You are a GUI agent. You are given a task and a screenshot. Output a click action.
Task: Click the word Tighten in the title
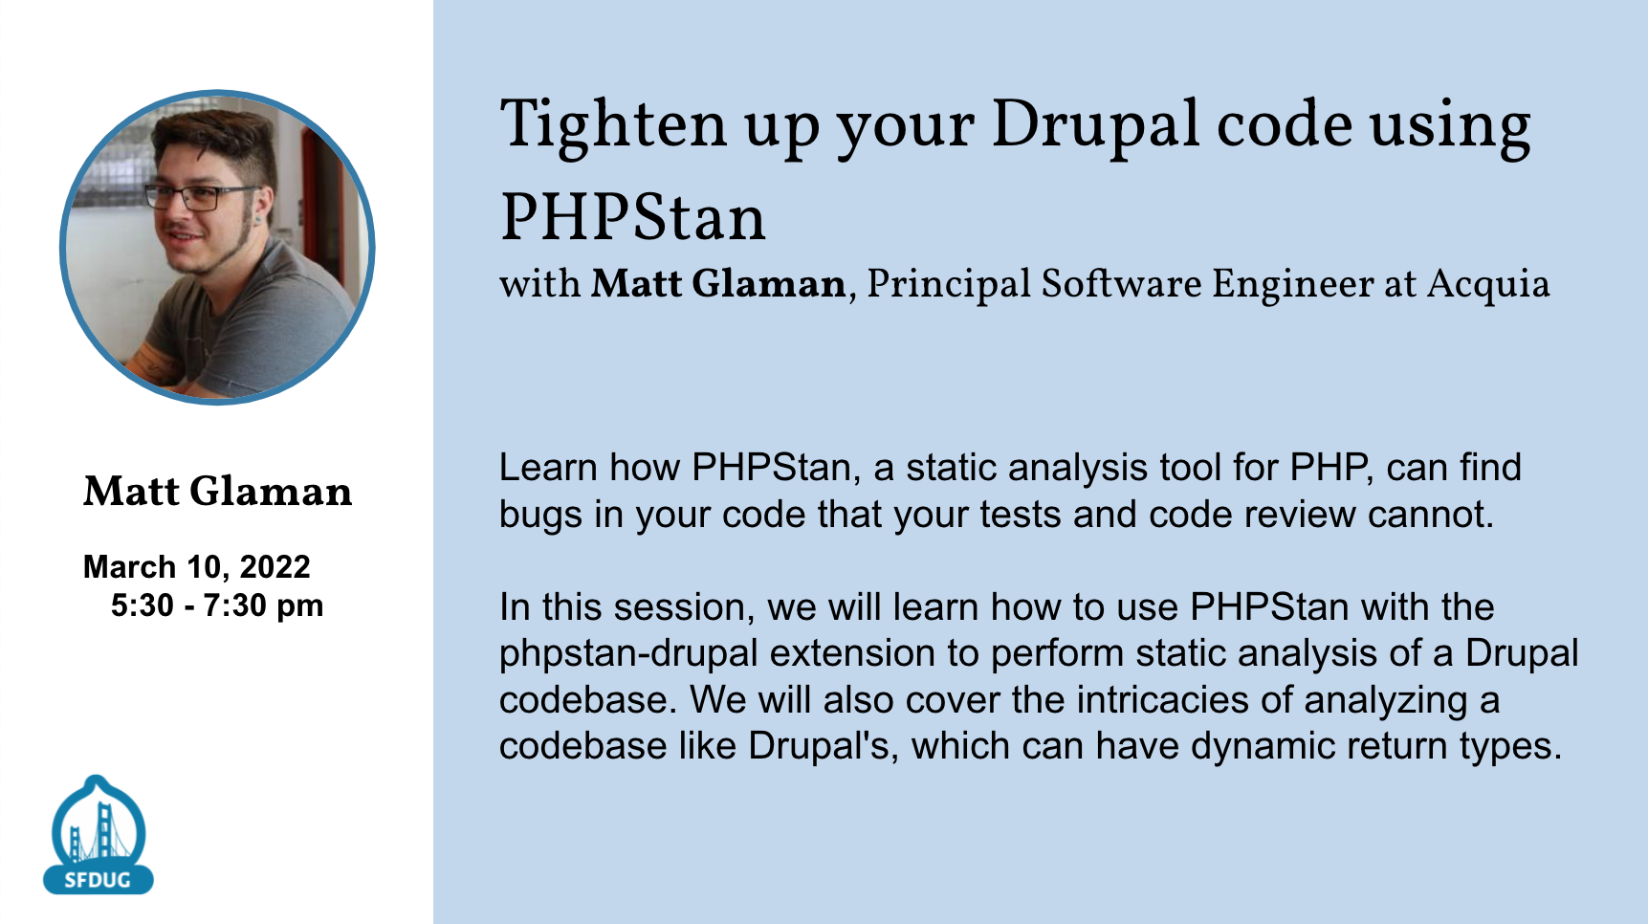(613, 125)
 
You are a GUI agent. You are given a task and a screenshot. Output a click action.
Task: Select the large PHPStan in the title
(633, 217)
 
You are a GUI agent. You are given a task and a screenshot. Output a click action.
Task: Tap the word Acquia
(1488, 285)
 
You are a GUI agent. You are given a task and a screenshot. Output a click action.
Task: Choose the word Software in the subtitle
(1121, 284)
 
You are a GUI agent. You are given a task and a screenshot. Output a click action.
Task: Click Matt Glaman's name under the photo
(218, 492)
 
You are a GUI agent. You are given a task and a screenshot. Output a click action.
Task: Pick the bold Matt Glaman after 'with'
(718, 284)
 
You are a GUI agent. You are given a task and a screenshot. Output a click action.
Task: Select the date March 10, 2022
(197, 567)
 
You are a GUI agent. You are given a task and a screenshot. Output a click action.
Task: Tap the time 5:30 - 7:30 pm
(217, 605)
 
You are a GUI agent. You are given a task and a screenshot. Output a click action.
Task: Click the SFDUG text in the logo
(98, 880)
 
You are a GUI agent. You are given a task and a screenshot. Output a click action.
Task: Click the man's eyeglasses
(196, 197)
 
